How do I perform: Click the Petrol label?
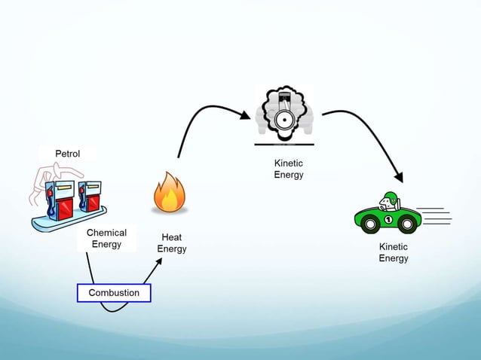point(67,154)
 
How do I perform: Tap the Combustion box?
point(114,292)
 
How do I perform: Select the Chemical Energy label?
point(106,239)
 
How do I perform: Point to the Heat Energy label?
point(171,243)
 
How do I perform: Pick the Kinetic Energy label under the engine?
point(288,169)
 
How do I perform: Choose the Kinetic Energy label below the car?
point(393,252)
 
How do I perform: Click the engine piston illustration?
point(283,117)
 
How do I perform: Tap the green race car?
point(388,214)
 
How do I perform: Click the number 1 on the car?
point(388,220)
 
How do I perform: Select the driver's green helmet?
point(389,198)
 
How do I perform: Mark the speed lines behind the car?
point(434,215)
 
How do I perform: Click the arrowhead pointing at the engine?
point(244,116)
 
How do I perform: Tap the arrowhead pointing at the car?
point(399,177)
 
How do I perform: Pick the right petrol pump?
point(88,196)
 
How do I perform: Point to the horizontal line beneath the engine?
point(283,143)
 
